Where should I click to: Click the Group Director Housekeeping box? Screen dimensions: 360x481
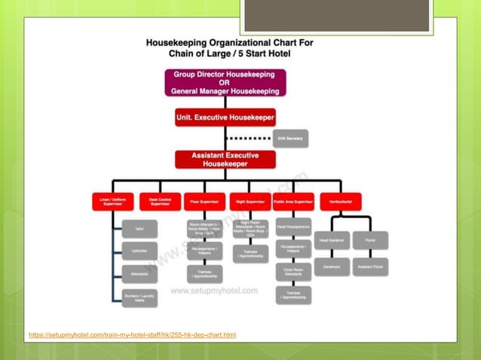225,83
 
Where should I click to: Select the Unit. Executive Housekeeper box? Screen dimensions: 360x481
225,117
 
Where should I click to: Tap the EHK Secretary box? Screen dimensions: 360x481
291,139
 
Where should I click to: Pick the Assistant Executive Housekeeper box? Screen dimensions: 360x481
225,159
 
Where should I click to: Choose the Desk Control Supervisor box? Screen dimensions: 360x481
160,202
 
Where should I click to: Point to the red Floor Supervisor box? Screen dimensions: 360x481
205,202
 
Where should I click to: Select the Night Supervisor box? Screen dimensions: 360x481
250,202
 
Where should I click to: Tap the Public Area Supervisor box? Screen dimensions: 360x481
294,202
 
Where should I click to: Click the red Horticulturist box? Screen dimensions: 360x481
341,202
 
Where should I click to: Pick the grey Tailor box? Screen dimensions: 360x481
139,228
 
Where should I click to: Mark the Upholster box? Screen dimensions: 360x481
139,251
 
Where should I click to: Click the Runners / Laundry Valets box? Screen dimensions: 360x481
139,298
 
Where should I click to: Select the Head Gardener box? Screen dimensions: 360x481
332,240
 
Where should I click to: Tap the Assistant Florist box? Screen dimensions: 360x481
370,267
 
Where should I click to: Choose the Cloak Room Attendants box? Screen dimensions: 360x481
294,273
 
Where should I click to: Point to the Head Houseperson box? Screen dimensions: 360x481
294,225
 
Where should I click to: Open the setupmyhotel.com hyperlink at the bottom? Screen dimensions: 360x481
132,334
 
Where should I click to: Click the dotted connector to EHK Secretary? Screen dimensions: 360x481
250,139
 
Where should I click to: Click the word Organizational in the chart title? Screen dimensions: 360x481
237,43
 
